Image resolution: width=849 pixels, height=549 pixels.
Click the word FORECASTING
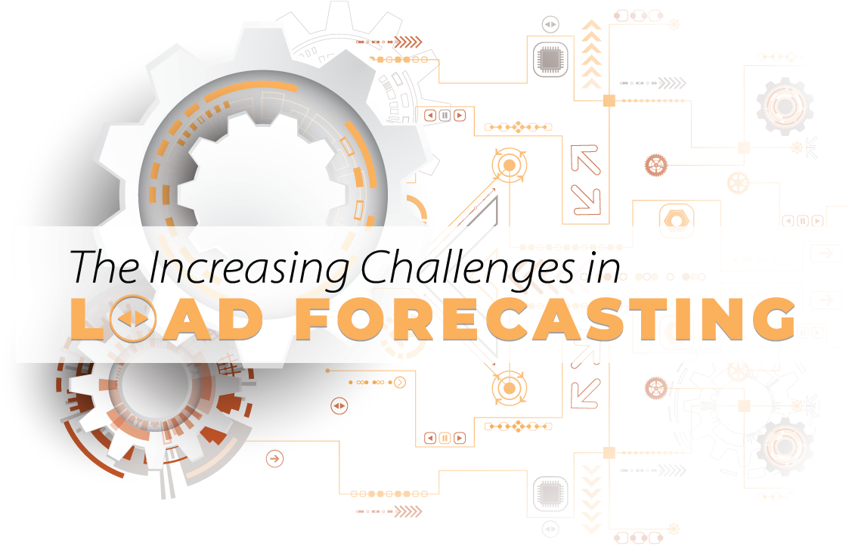[544, 319]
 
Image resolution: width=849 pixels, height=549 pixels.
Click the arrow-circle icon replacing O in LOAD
[133, 320]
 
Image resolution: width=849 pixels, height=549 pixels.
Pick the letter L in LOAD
[88, 320]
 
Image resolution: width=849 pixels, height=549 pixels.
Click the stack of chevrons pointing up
[591, 53]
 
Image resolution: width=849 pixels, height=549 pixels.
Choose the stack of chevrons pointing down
[591, 495]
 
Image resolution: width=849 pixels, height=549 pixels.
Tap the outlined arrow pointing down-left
[585, 392]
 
